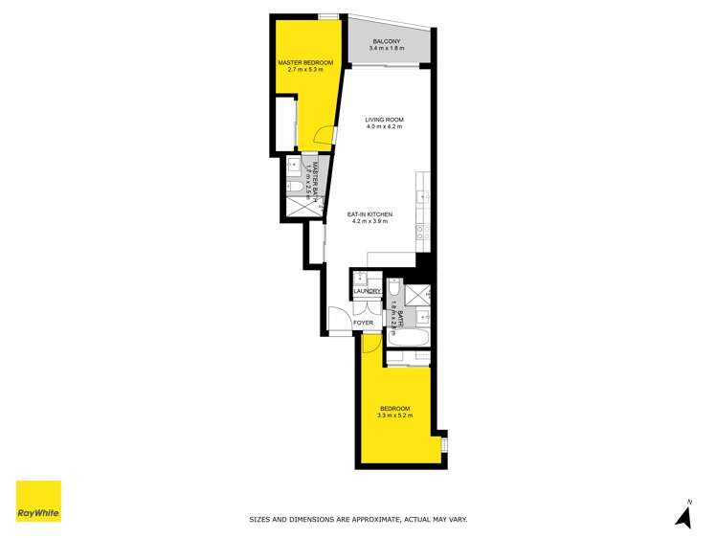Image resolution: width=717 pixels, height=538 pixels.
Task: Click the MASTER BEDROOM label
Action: [x=300, y=63]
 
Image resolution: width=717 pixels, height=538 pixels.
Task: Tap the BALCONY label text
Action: [x=386, y=43]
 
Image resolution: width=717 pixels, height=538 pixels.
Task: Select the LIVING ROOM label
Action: [x=383, y=120]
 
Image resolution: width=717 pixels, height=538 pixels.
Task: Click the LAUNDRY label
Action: [x=368, y=291]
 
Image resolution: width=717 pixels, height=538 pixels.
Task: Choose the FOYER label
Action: [x=363, y=323]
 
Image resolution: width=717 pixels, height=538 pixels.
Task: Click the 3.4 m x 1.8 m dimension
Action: [x=386, y=51]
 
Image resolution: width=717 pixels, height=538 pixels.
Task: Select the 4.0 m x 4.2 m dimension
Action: [x=383, y=127]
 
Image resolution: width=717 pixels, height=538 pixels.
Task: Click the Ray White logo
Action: [x=38, y=503]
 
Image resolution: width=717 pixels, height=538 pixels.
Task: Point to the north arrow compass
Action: [x=683, y=514]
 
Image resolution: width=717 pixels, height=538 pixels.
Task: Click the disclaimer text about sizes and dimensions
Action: [x=358, y=519]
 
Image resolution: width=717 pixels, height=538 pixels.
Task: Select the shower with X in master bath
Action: [x=298, y=206]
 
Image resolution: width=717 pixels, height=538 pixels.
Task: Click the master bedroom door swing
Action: [x=327, y=138]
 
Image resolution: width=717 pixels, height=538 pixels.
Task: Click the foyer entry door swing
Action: [x=340, y=320]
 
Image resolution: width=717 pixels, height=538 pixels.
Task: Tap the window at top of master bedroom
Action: [x=328, y=15]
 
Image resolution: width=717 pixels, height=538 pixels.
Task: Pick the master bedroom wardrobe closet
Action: [x=286, y=123]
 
